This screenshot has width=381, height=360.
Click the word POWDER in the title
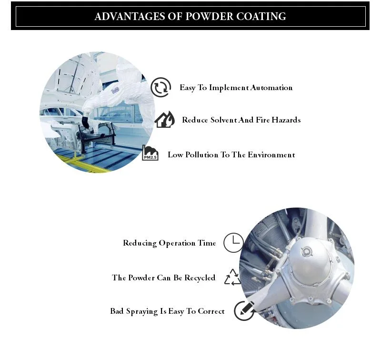(210, 16)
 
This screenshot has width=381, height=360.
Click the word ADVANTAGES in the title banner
(129, 16)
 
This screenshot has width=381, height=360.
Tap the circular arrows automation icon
(160, 87)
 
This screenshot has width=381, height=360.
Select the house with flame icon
(165, 119)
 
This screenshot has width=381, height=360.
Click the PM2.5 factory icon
(150, 153)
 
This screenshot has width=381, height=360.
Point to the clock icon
(233, 243)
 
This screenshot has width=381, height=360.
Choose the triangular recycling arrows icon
(232, 277)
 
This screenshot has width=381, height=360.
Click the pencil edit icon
(244, 310)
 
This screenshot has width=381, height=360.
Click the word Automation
(271, 88)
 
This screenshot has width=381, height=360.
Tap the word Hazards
(286, 120)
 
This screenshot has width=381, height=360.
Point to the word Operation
(177, 243)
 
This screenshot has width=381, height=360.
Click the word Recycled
(200, 278)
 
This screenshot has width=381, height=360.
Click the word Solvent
(223, 120)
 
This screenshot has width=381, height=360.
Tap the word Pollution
(201, 154)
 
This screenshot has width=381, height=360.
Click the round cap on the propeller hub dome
(307, 252)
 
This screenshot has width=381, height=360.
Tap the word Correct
(211, 311)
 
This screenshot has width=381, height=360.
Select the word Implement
(229, 88)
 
